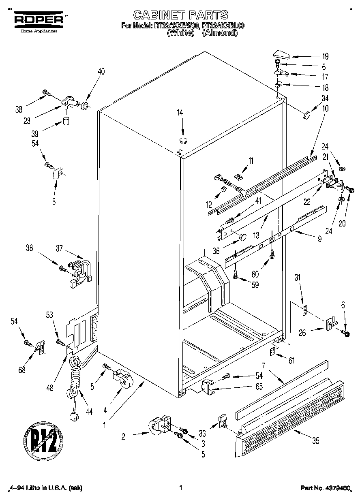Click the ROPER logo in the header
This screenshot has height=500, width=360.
tap(39, 20)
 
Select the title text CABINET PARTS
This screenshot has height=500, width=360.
tap(180, 15)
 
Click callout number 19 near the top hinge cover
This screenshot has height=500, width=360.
tap(325, 57)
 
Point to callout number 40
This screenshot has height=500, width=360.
tap(101, 72)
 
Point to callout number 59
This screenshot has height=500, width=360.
tap(255, 285)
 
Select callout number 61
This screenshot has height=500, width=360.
tap(291, 360)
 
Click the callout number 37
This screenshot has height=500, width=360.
tap(59, 249)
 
